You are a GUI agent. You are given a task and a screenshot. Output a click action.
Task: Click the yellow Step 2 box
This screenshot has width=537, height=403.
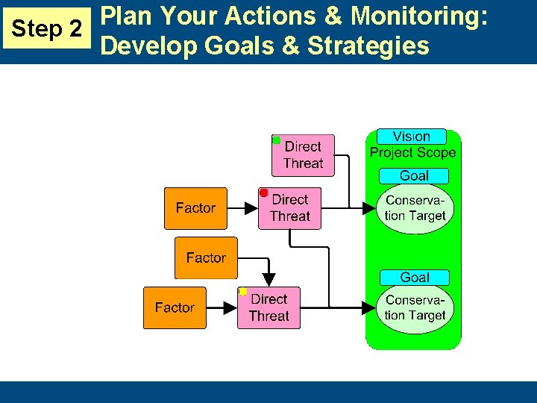(x=48, y=29)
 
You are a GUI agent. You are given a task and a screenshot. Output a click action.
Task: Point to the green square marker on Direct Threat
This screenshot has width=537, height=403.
(x=276, y=140)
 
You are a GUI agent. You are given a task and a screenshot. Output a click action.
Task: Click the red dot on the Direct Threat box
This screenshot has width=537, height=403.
(x=263, y=193)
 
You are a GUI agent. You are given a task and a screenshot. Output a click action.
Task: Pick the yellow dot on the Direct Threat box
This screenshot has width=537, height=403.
(x=242, y=291)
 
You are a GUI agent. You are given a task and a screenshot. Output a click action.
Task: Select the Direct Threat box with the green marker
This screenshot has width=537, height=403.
(x=303, y=155)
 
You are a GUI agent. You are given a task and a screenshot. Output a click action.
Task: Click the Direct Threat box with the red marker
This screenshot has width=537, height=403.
(x=289, y=208)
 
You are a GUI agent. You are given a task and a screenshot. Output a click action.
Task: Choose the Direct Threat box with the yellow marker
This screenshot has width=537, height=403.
(x=268, y=307)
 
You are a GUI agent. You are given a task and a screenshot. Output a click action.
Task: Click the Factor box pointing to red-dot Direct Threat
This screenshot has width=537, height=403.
(x=195, y=208)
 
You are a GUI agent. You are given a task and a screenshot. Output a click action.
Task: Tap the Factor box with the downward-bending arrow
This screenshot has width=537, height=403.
(x=206, y=257)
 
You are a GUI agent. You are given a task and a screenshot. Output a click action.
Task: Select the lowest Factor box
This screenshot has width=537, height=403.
(x=175, y=307)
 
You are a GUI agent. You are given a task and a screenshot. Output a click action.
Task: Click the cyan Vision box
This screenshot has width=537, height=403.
(x=411, y=137)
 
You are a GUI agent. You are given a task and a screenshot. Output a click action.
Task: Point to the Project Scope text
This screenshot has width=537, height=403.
(x=412, y=153)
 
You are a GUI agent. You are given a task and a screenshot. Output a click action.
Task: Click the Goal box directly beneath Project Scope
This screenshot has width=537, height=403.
(x=414, y=176)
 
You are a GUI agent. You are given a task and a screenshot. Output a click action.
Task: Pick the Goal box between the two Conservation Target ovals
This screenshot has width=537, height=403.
(x=414, y=278)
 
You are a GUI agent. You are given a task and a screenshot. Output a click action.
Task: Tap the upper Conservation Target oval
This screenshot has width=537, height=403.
(x=415, y=208)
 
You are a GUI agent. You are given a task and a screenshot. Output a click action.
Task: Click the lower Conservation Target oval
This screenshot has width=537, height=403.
(x=415, y=307)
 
